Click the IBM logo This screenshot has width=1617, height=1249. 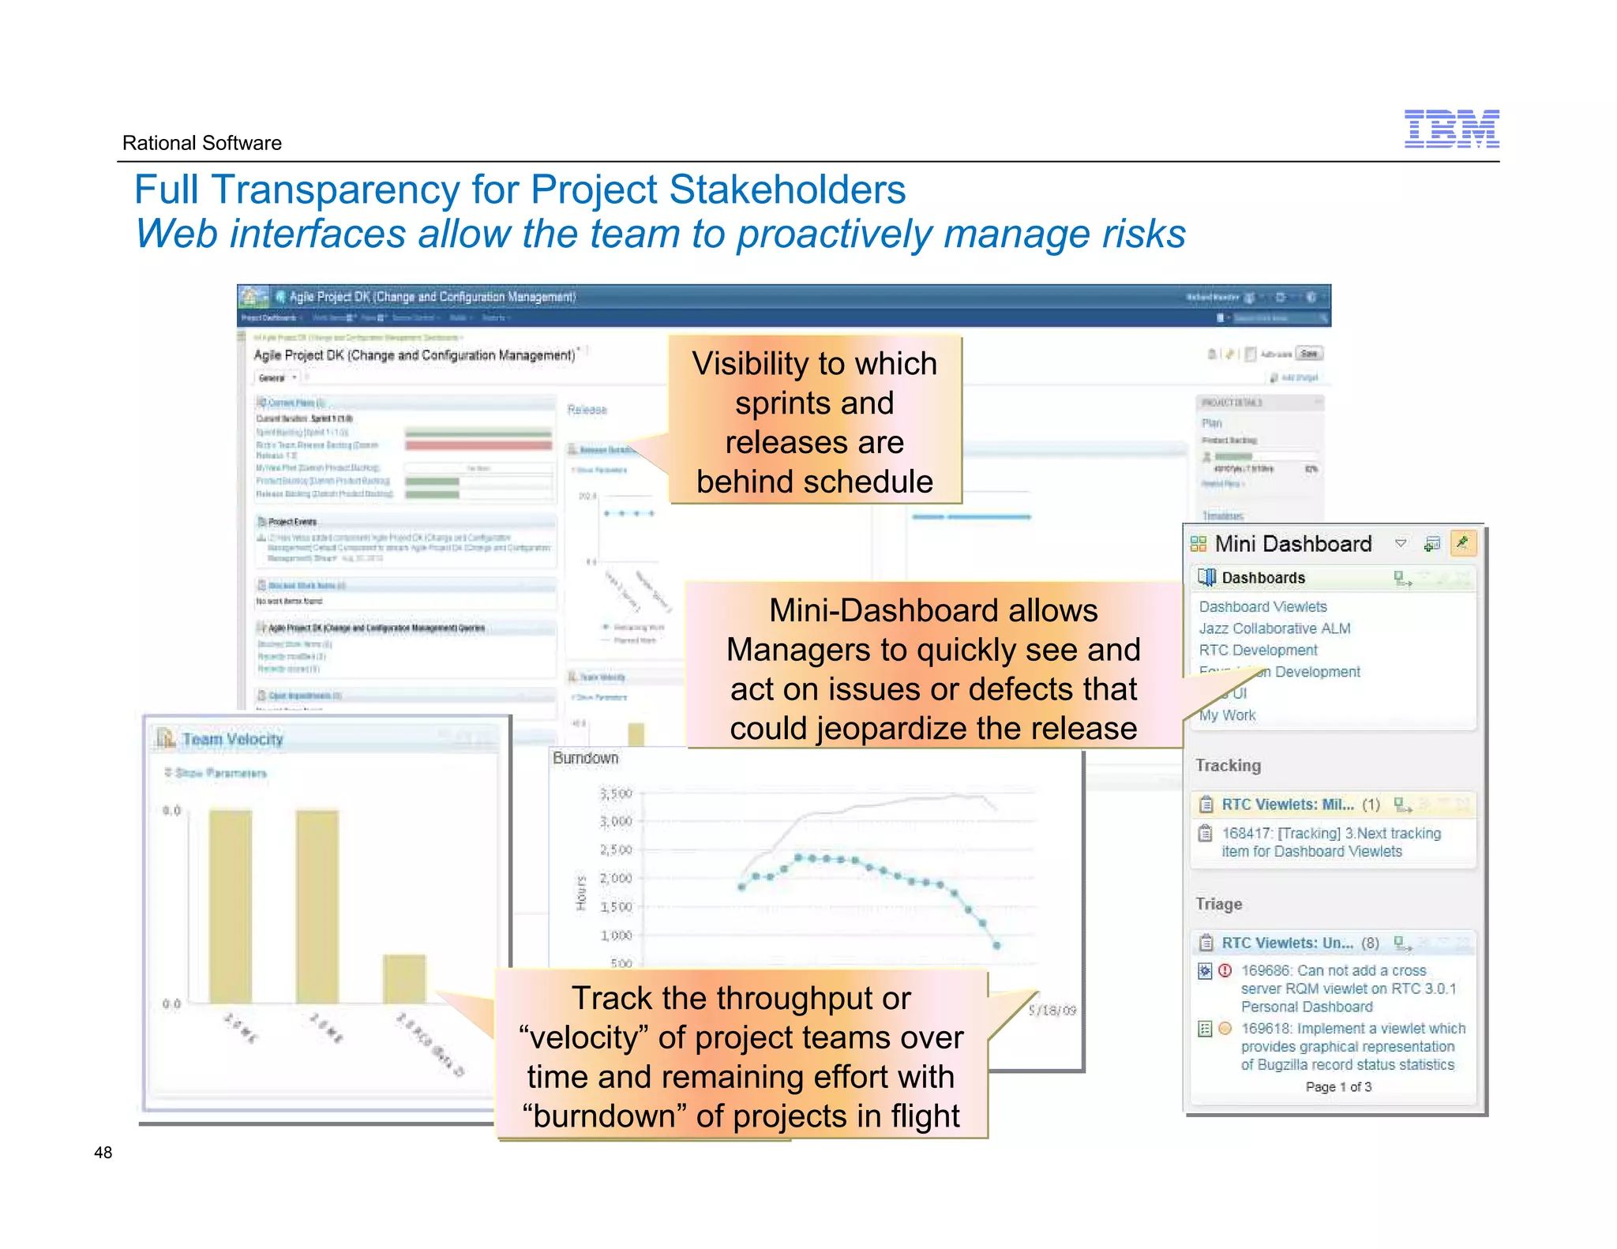[x=1451, y=129]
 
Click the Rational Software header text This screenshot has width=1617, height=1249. [x=201, y=143]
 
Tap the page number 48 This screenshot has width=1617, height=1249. [x=103, y=1152]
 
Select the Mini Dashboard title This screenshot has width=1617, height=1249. [x=1293, y=544]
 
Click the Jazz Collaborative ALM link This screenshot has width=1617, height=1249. [x=1274, y=628]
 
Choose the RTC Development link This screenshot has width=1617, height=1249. [x=1258, y=650]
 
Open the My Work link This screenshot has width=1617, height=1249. [x=1228, y=715]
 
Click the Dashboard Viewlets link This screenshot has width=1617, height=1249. [x=1262, y=606]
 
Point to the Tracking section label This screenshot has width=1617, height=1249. [x=1228, y=765]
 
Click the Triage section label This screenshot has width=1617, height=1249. [x=1218, y=904]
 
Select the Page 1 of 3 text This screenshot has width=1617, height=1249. [x=1338, y=1087]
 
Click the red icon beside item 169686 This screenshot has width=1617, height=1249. [x=1225, y=970]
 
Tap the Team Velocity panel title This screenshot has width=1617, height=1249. [x=232, y=739]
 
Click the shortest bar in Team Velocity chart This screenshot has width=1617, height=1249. [x=404, y=979]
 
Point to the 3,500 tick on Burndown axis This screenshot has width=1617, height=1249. [x=616, y=793]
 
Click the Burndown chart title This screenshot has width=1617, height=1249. [x=585, y=758]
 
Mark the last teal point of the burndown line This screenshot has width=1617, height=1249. [x=996, y=945]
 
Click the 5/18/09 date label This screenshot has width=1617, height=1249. [x=1052, y=1011]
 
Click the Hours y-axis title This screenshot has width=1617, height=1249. [x=581, y=892]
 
